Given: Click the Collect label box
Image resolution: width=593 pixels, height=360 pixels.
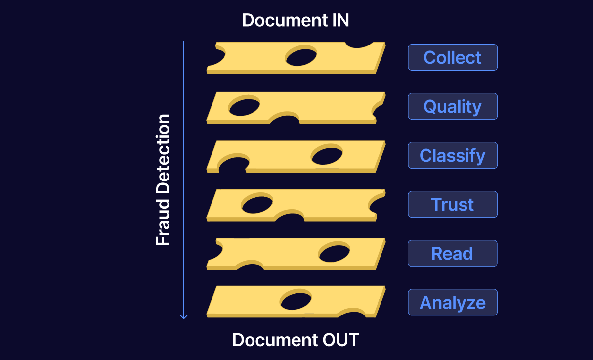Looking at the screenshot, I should click(x=452, y=57).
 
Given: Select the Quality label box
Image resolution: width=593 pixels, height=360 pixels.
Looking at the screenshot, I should click(x=452, y=106).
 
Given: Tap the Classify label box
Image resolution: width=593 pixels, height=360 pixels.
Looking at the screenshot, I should click(x=452, y=155).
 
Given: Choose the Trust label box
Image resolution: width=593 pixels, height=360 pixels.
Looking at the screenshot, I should click(x=452, y=204).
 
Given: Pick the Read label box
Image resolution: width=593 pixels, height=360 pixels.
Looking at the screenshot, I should click(x=452, y=253).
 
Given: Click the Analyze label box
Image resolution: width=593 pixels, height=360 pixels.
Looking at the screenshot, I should click(x=452, y=302).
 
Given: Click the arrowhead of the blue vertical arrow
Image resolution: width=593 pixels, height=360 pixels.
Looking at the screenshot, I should click(x=184, y=316).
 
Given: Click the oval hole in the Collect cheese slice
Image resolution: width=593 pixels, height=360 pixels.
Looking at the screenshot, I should click(x=301, y=56).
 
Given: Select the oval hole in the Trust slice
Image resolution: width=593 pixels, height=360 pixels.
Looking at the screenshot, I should click(x=257, y=204).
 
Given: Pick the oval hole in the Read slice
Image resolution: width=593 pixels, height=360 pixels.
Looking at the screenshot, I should click(x=335, y=253).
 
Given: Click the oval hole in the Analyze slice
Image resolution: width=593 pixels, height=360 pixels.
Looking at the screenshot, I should click(x=296, y=300).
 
